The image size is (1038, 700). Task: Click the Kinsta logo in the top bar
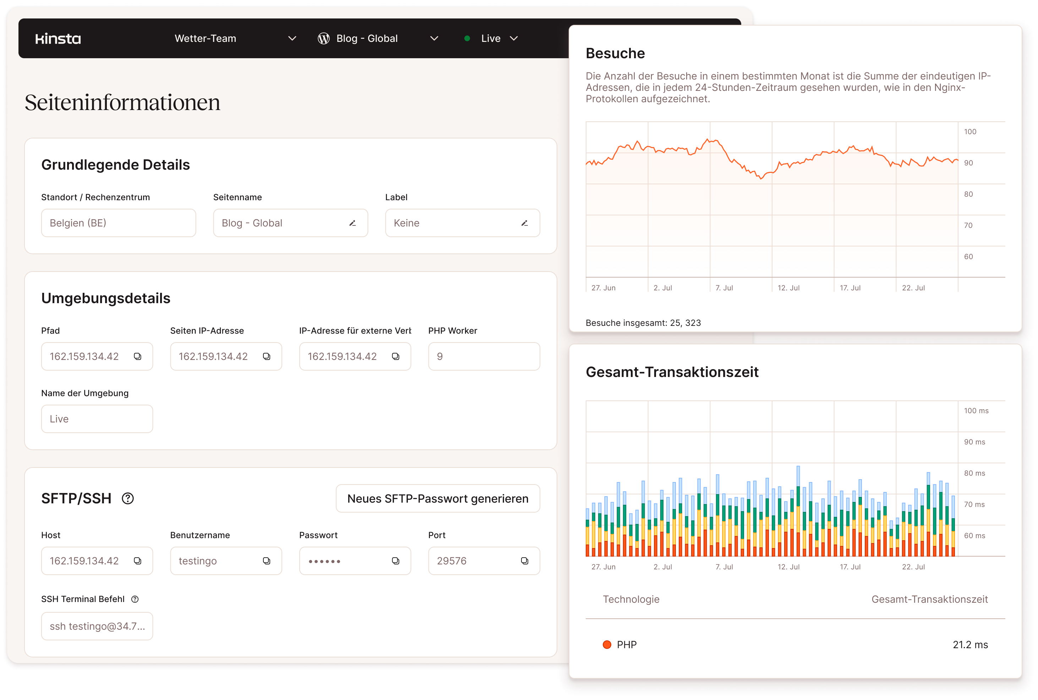pos(58,39)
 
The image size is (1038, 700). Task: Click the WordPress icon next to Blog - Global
pos(324,39)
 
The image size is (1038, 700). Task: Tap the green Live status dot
pos(467,38)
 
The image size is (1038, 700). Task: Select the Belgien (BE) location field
pos(118,223)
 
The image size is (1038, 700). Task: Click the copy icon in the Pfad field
pos(137,356)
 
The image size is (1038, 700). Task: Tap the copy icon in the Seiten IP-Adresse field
pos(267,356)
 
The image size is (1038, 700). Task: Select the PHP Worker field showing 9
pos(484,356)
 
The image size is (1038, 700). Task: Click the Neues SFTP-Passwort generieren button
pos(437,498)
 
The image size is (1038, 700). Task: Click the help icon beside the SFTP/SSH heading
pos(128,498)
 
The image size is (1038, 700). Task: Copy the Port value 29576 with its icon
pos(525,561)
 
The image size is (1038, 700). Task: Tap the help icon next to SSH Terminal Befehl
pos(135,599)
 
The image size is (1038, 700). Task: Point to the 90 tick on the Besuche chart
pos(968,163)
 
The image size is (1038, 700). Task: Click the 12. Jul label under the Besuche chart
pos(788,288)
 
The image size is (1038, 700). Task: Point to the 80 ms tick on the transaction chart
pos(974,473)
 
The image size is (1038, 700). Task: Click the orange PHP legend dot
pos(607,645)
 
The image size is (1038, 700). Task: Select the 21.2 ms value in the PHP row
pos(970,645)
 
